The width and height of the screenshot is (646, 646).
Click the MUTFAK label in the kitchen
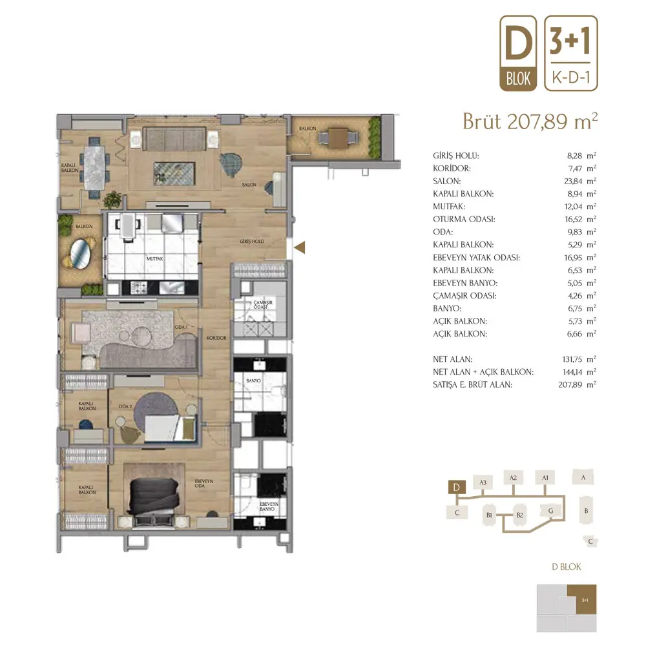(154, 259)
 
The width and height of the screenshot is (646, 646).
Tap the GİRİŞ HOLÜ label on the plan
(252, 242)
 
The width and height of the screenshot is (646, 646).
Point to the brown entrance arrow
(300, 247)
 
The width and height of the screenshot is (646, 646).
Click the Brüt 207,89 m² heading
(530, 121)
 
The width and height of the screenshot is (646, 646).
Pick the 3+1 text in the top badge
(570, 41)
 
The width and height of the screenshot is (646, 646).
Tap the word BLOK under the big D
(518, 78)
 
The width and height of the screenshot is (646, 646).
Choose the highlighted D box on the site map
(457, 487)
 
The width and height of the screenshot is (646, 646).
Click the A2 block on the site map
(514, 478)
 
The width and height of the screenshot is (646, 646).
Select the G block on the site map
(550, 511)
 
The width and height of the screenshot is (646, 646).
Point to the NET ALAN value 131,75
(572, 359)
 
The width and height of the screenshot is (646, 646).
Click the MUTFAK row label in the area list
(449, 207)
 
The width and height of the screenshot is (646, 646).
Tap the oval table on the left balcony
(81, 253)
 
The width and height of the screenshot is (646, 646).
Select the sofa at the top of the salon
(174, 140)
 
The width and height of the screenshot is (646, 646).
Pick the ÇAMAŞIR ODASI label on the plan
(262, 304)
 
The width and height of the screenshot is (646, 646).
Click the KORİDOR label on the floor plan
(216, 338)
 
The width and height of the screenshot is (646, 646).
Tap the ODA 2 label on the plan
(125, 406)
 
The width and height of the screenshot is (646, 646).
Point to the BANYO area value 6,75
(575, 309)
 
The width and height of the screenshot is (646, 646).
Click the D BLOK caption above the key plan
(567, 567)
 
